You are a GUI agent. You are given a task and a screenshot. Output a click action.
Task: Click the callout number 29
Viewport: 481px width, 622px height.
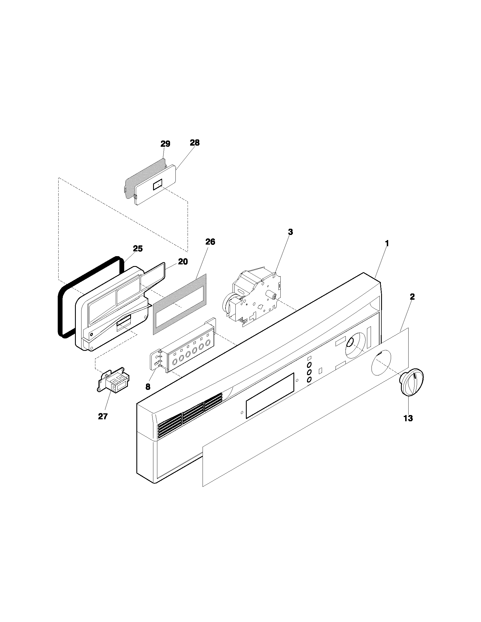point(165,144)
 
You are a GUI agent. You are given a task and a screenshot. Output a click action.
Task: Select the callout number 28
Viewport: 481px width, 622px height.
point(195,143)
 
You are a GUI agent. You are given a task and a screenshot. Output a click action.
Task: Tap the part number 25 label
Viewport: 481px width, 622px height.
point(138,249)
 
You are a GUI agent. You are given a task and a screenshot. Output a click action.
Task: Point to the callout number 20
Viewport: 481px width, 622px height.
point(183,262)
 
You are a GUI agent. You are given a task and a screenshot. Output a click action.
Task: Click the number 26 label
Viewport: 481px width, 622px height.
point(210,242)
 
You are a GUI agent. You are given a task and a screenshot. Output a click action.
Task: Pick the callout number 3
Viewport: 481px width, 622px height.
point(290,232)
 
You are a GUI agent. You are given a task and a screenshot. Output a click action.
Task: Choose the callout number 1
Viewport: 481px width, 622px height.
point(387,243)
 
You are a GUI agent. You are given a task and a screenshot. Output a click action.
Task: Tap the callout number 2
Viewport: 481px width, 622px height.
point(412,297)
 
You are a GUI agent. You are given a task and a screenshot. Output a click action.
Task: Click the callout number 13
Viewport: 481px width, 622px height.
point(408,418)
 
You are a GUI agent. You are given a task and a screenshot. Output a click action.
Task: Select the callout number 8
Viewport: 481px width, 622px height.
point(148,387)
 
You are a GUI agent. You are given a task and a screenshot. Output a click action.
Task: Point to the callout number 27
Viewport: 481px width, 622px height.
point(103,416)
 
